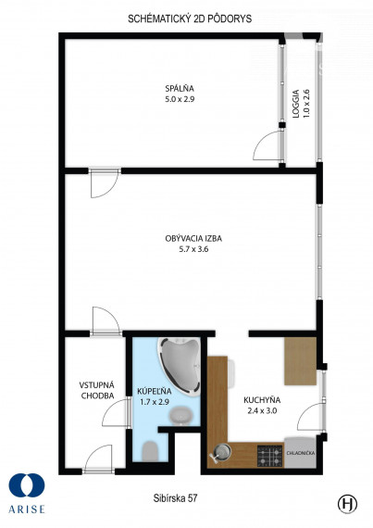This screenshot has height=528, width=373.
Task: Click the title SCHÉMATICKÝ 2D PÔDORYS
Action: (x=190, y=19)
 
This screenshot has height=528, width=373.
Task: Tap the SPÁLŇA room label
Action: (x=180, y=89)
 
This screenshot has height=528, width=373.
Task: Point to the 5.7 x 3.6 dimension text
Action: (x=193, y=249)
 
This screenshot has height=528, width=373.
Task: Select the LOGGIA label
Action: (x=295, y=104)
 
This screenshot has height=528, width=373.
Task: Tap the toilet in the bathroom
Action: (x=150, y=451)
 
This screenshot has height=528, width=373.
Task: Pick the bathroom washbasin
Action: (x=181, y=415)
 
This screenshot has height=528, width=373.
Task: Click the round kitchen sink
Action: (x=221, y=451)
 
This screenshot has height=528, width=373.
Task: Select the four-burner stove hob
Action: (x=270, y=456)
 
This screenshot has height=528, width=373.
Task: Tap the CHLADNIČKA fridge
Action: (x=301, y=452)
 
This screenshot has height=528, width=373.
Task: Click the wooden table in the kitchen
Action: (x=301, y=361)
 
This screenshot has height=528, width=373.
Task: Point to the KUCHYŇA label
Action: (x=262, y=400)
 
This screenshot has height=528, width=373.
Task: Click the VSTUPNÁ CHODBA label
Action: (x=97, y=390)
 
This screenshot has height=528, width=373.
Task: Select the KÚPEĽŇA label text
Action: (x=155, y=391)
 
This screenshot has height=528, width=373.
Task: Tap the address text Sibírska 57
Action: (x=175, y=498)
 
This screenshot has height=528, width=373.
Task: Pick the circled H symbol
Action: (x=347, y=504)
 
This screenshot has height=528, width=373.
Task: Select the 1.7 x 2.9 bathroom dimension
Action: (x=155, y=402)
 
